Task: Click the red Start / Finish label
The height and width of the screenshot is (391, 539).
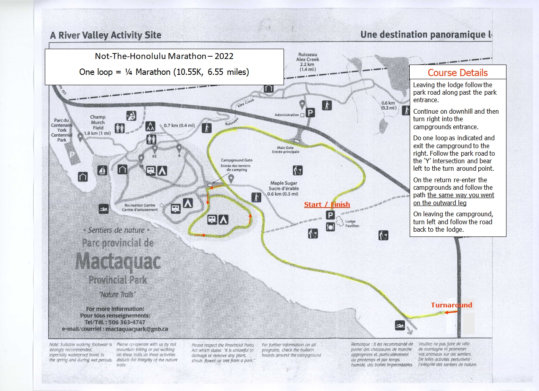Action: coord(327,204)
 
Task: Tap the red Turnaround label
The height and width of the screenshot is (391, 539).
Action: coord(451,305)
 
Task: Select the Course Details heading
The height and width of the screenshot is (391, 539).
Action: coord(457,72)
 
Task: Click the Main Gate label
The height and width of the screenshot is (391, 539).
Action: coord(286,149)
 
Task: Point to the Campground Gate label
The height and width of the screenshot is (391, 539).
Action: coord(236,165)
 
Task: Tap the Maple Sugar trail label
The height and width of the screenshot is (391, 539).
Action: coord(283,188)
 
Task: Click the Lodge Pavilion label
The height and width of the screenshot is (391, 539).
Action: coord(352,223)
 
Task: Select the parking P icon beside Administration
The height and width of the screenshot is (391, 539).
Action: coord(310,113)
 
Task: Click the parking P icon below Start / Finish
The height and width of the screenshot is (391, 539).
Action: coord(330,215)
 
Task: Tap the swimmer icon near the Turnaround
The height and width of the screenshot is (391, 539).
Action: coord(400,325)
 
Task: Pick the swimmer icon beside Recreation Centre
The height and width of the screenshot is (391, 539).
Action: coord(104,209)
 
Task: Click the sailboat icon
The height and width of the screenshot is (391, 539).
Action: coord(102,171)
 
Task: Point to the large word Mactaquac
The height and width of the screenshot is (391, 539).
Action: coord(118,262)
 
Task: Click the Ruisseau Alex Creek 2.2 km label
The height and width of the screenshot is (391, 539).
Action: coord(307,62)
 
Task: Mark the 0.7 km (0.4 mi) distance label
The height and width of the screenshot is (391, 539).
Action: coord(179,126)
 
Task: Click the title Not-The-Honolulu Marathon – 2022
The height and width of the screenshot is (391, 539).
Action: coord(164,56)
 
